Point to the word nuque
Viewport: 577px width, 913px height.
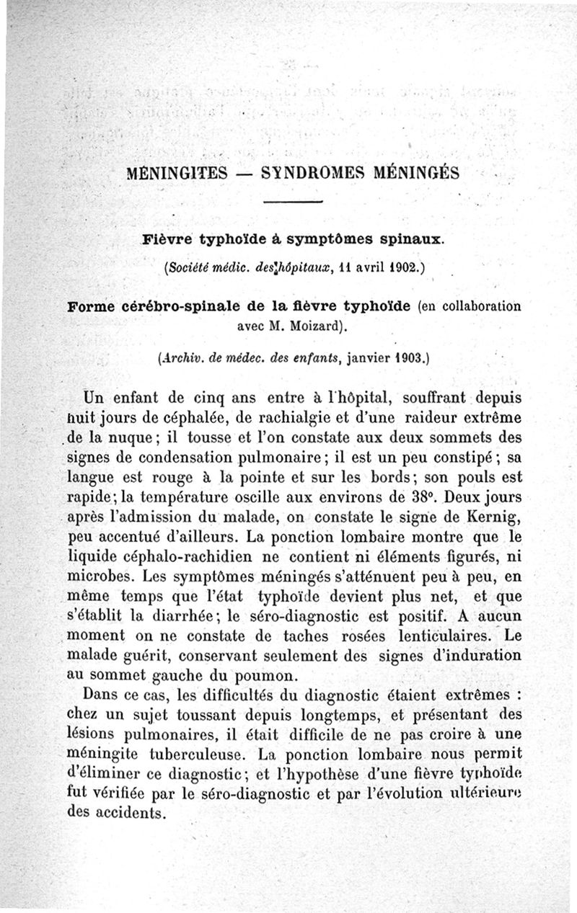click(x=136, y=437)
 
